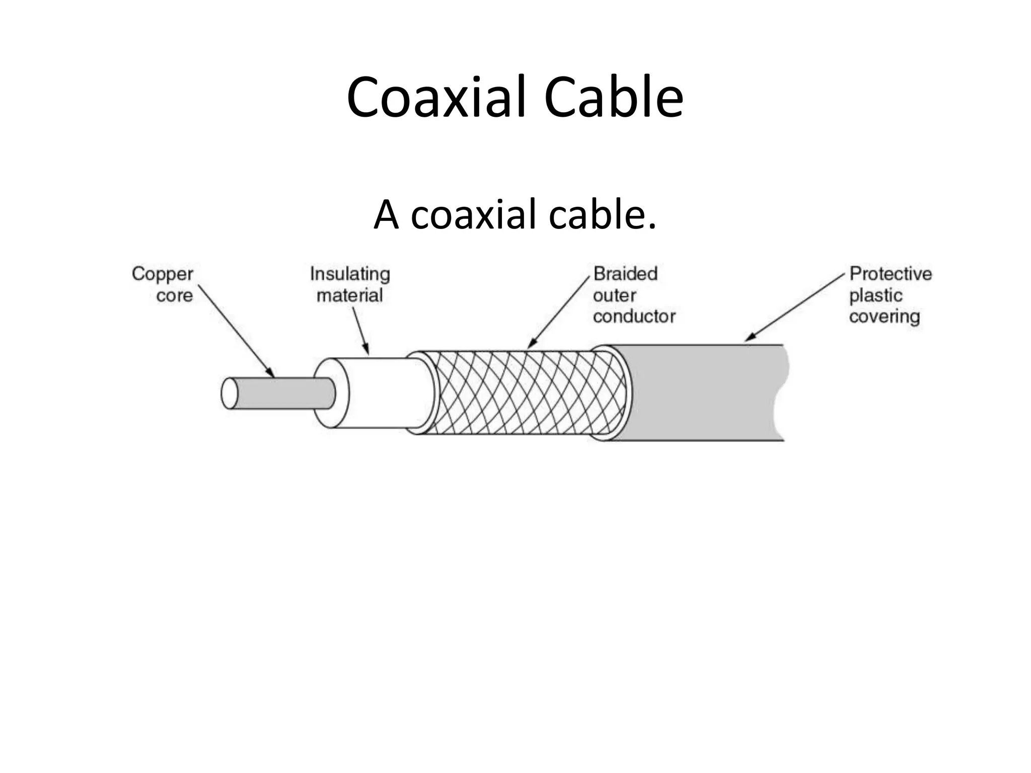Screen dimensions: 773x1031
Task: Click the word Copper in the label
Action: [x=162, y=275]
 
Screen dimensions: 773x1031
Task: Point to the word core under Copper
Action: [x=174, y=295]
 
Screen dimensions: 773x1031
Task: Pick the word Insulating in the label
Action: [x=350, y=275]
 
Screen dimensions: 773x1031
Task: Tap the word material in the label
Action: [x=350, y=295]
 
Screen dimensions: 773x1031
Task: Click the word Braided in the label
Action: [x=625, y=274]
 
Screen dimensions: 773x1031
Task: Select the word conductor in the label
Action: [x=634, y=317]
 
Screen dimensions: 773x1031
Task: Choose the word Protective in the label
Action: [x=891, y=274]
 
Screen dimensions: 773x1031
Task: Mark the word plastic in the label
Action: [x=875, y=295]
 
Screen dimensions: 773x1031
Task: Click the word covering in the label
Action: [x=885, y=317]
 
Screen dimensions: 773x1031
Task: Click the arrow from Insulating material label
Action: [x=360, y=330]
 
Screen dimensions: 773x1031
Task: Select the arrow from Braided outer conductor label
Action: [x=559, y=312]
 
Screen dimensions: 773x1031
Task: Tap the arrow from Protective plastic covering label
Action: [x=795, y=307]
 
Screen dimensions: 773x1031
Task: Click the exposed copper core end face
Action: [x=229, y=393]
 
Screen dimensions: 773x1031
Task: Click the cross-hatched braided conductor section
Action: [x=524, y=393]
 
